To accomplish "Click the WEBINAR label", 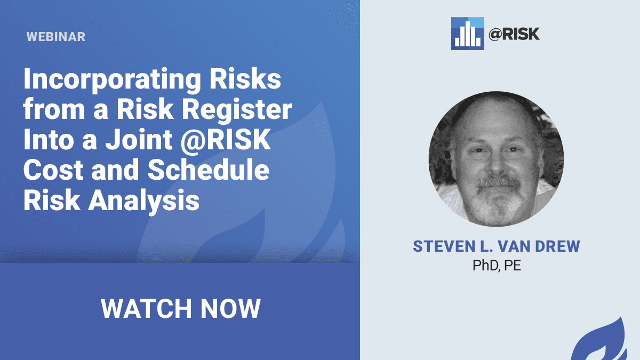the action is point(56,37).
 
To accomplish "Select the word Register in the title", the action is point(237,109).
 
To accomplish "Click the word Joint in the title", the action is point(139,139).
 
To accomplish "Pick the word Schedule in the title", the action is point(209,170).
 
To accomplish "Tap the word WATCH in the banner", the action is point(146,309).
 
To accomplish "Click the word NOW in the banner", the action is point(230,309).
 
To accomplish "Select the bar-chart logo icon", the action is point(467,34).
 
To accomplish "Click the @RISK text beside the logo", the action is point(514,34).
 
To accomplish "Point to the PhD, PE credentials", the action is point(497,266).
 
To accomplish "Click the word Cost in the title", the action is point(53,170).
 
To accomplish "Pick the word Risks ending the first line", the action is point(245,79).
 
